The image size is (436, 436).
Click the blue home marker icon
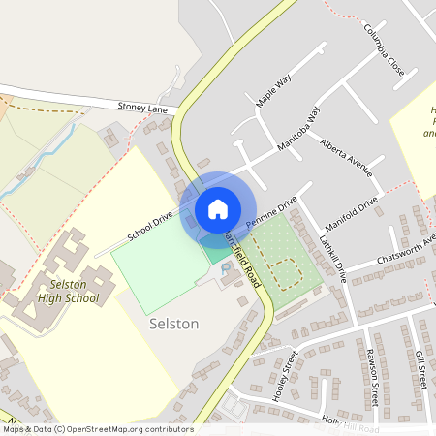217,209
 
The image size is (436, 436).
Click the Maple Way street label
273,88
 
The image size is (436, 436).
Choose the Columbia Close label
384,48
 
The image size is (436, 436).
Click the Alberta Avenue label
346,154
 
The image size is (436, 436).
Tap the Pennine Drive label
271,212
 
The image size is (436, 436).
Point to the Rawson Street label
371,373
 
